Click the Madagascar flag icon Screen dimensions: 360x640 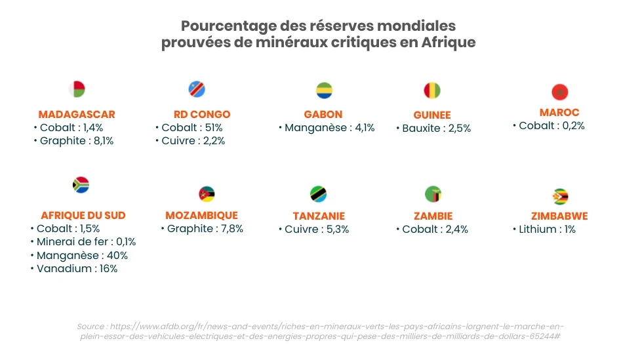tap(77, 89)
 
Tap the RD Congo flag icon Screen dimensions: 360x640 tap(197, 89)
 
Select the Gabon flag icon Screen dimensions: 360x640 tap(324, 90)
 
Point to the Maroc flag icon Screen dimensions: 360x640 tap(559, 92)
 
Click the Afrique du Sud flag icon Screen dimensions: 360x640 tap(81, 185)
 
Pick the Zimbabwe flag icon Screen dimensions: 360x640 tap(560, 197)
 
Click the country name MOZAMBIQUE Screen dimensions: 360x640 tap(201, 215)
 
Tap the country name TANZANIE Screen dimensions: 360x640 tap(319, 216)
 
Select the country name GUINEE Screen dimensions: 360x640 tap(432, 115)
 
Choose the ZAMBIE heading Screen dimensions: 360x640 tap(433, 216)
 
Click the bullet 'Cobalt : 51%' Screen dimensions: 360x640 tap(191, 127)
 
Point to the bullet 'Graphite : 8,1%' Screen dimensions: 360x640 tap(76, 140)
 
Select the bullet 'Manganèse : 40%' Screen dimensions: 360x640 tap(82, 255)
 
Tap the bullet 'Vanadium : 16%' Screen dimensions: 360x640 tap(77, 268)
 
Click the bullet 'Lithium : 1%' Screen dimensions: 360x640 tap(547, 229)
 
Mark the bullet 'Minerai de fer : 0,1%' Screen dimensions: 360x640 tap(86, 242)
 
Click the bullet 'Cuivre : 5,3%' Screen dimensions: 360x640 tap(317, 229)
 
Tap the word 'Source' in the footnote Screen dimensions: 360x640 tap(90, 326)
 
